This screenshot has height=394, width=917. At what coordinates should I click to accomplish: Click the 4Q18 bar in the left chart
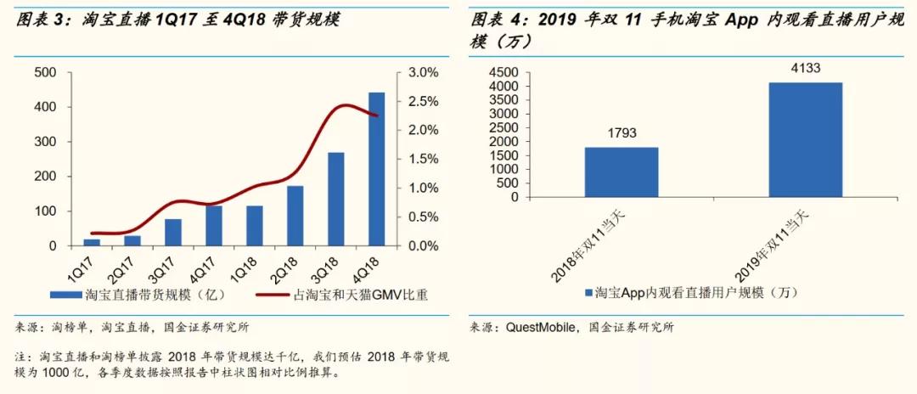376,170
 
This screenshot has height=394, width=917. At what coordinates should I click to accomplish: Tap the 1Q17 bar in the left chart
92,243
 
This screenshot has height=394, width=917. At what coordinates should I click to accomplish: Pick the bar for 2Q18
295,217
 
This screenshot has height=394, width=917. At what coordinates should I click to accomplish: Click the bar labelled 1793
622,172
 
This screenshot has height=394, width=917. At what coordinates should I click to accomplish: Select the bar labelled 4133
806,140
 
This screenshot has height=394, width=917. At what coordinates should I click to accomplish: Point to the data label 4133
806,69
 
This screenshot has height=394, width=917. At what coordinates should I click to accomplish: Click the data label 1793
622,133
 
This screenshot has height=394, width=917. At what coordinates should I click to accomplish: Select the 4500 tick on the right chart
504,72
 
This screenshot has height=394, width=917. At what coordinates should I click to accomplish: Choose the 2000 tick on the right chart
504,142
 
